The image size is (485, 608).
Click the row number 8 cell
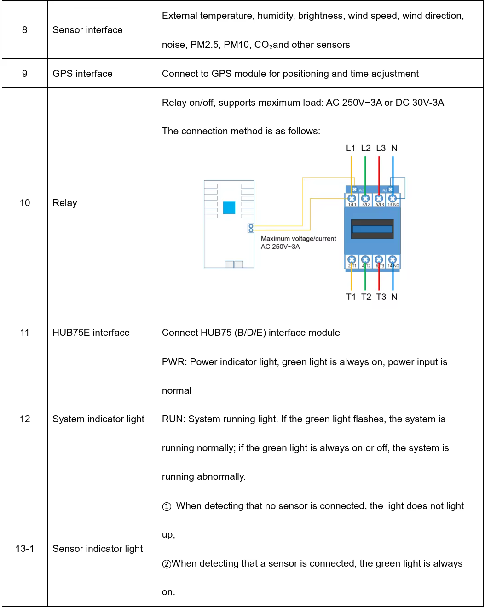click(x=24, y=30)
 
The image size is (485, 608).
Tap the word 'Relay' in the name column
click(x=65, y=203)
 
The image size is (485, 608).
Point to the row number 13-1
click(x=24, y=548)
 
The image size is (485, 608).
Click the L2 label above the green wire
click(x=365, y=148)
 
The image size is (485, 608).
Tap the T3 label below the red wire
click(x=381, y=297)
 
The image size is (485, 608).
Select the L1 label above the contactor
click(x=351, y=148)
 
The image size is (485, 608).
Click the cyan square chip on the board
click(x=229, y=208)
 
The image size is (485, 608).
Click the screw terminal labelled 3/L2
click(x=365, y=199)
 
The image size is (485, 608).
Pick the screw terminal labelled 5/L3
click(x=379, y=199)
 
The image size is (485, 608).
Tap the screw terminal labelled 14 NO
click(x=393, y=259)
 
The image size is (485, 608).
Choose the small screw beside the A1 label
click(x=354, y=189)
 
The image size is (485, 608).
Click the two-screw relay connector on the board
click(x=251, y=228)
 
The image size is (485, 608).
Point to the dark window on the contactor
click(x=372, y=229)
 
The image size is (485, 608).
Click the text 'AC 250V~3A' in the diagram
click(x=280, y=247)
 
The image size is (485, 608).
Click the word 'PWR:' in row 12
click(x=174, y=362)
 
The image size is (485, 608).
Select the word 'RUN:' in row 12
click(x=173, y=419)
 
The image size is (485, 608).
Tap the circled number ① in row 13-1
click(x=167, y=506)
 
